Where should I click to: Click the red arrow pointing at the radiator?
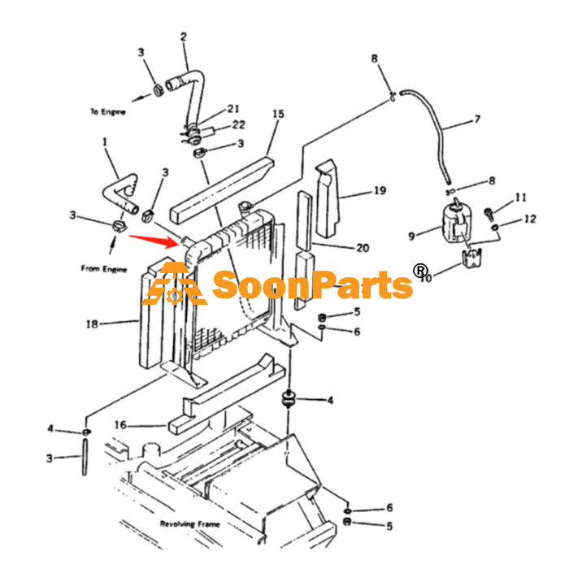tap(154, 241)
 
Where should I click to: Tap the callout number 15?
tap(278, 114)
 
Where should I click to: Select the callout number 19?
tap(380, 190)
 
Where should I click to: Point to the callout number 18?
tap(92, 324)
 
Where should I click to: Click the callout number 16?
tap(120, 424)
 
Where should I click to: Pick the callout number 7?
tap(477, 119)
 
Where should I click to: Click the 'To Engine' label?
tap(108, 111)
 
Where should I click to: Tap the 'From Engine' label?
tap(104, 268)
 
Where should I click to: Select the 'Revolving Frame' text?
tap(189, 523)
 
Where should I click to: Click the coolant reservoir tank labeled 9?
tap(457, 221)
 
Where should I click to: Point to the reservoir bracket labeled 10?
tap(471, 258)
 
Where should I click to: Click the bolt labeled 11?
tap(489, 213)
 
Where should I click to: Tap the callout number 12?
tap(530, 219)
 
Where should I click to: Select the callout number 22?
tap(238, 125)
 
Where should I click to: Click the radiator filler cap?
tap(245, 208)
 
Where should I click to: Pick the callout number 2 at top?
tap(184, 37)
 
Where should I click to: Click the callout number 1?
tap(105, 142)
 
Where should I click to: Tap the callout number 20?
tap(363, 248)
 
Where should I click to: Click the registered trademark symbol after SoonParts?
tap(420, 271)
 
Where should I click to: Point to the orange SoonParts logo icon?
tap(175, 284)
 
